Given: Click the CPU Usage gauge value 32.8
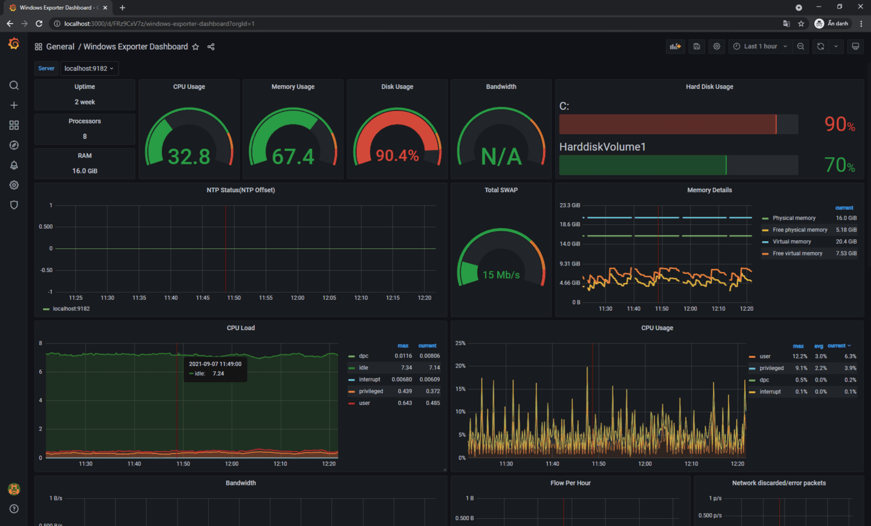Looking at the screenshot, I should [189, 157].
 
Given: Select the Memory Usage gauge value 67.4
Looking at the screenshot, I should [293, 157].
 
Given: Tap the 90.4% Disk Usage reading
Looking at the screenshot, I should [397, 155].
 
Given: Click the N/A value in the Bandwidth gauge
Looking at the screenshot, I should [501, 157].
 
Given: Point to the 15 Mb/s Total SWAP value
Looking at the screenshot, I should [501, 274].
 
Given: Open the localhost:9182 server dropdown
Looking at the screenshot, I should [89, 68].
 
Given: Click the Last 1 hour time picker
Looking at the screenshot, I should [760, 47].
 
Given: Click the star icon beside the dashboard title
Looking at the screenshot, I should [195, 47].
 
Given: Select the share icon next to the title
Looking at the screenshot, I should [211, 47].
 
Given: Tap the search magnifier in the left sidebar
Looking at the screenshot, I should [14, 85].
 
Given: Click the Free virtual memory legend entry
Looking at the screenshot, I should [797, 253].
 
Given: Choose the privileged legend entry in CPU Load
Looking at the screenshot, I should [371, 391].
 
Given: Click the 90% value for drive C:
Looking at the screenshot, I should [840, 124].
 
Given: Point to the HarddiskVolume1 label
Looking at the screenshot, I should [602, 147].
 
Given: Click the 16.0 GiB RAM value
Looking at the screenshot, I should [85, 171].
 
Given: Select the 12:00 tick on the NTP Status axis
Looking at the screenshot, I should [298, 297].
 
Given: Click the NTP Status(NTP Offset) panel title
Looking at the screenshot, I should [241, 190].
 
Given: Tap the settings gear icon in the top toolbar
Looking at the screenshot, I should [717, 47].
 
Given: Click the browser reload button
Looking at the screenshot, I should [39, 24].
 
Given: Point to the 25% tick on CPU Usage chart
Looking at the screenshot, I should [460, 343].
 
